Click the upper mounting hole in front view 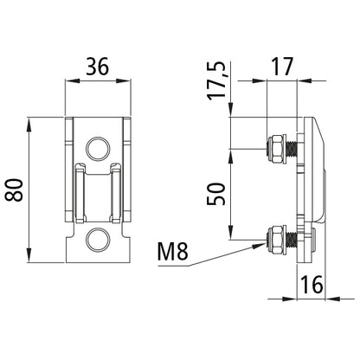pos(99,147)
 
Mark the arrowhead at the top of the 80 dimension pos(31,122)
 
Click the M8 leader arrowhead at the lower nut pos(263,243)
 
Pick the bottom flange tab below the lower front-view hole pos(99,257)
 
